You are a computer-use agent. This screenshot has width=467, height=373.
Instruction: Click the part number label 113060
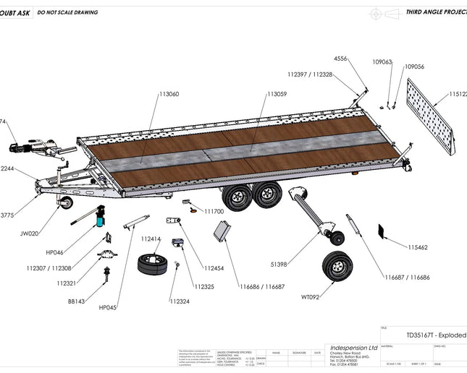pos(169,94)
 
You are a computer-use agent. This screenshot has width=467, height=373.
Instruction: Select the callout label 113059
pos(277,94)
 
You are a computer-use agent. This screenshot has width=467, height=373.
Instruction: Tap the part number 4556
pos(341,57)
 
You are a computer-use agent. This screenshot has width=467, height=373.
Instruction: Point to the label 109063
pos(382,62)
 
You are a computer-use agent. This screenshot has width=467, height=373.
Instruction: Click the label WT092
pos(310,296)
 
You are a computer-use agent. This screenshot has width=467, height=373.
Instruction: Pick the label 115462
pos(418,247)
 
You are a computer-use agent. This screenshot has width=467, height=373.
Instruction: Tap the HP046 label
pos(55,252)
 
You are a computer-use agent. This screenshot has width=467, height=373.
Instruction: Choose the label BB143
pos(77,301)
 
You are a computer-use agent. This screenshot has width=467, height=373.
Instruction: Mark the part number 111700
pos(214,212)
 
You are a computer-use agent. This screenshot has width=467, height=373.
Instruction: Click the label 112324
pos(180,301)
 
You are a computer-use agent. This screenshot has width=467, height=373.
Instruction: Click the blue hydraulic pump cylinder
pos(100,218)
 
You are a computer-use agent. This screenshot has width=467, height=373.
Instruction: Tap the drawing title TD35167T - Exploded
pos(435,335)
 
